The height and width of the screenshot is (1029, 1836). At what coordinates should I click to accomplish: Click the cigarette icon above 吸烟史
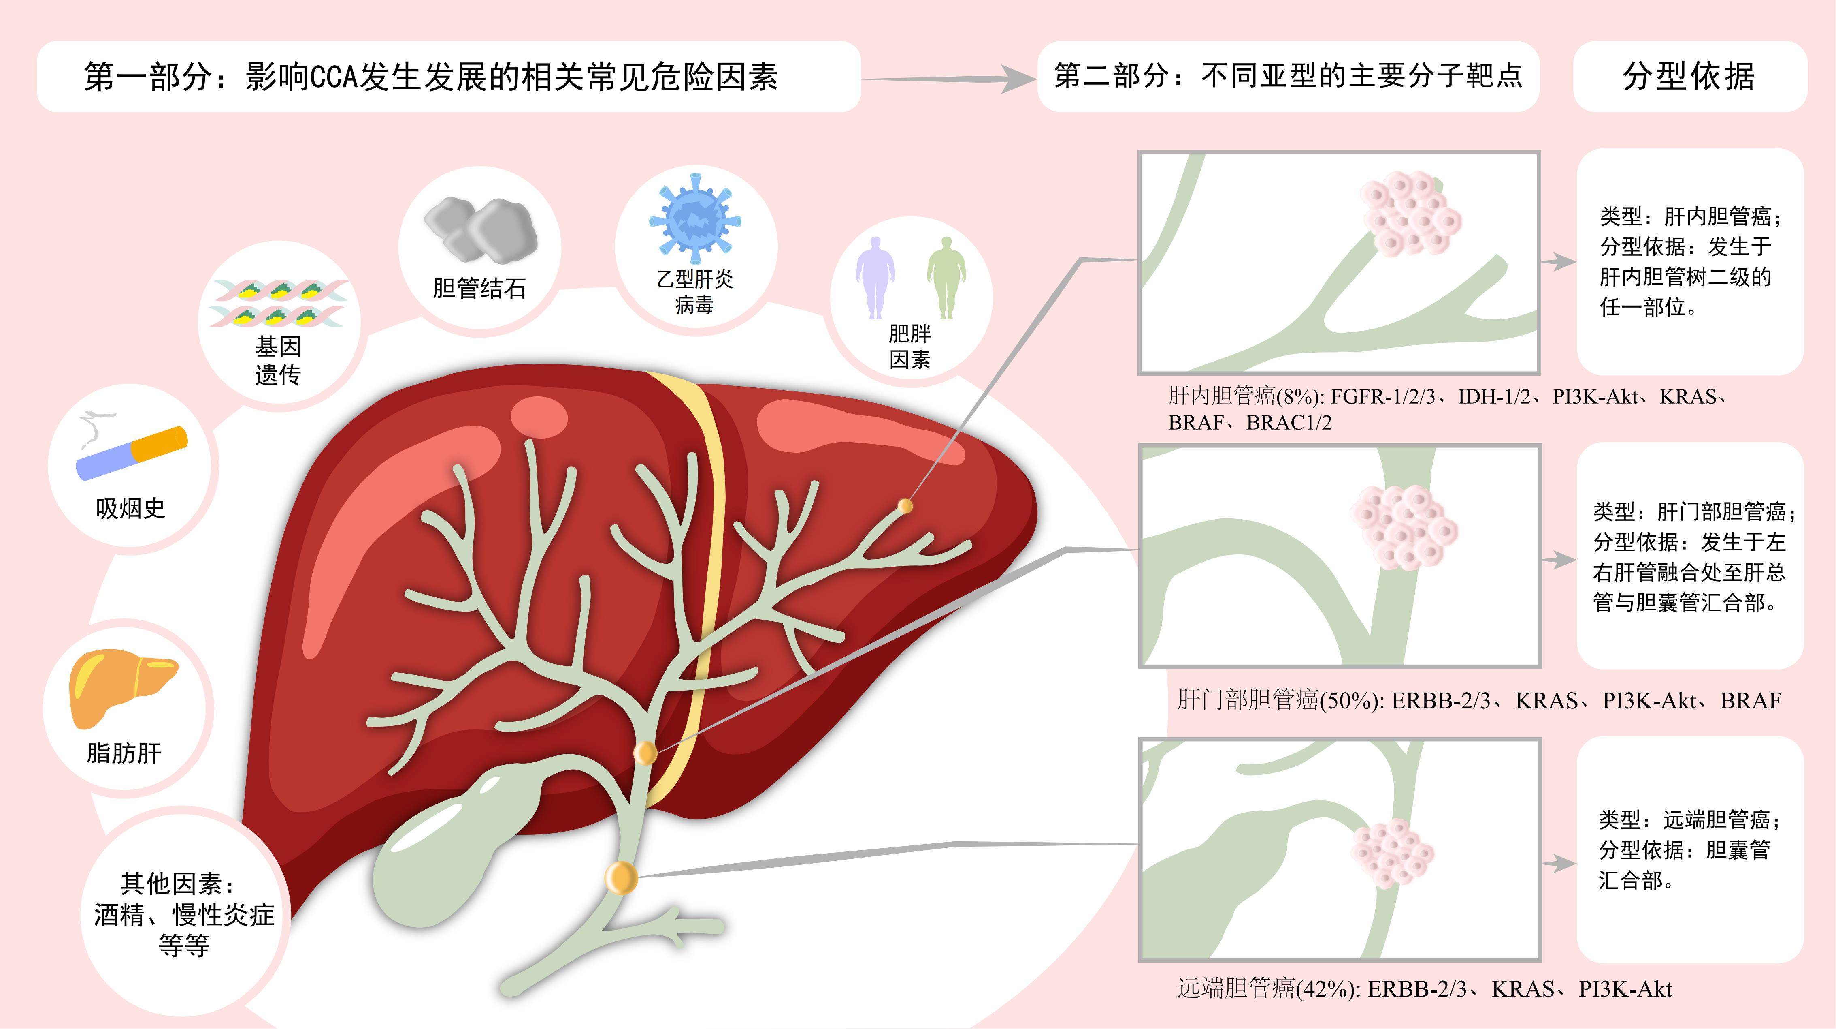132,452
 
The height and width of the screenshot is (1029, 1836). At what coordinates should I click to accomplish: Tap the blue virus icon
695,218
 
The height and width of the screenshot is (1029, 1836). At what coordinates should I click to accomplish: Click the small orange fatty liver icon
123,687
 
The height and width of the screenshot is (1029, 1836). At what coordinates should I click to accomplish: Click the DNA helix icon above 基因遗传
278,303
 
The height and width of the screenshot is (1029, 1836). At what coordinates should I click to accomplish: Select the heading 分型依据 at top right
1689,76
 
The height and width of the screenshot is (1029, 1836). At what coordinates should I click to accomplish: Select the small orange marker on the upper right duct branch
905,506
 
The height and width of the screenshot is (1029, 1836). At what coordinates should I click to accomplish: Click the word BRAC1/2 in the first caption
1289,423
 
